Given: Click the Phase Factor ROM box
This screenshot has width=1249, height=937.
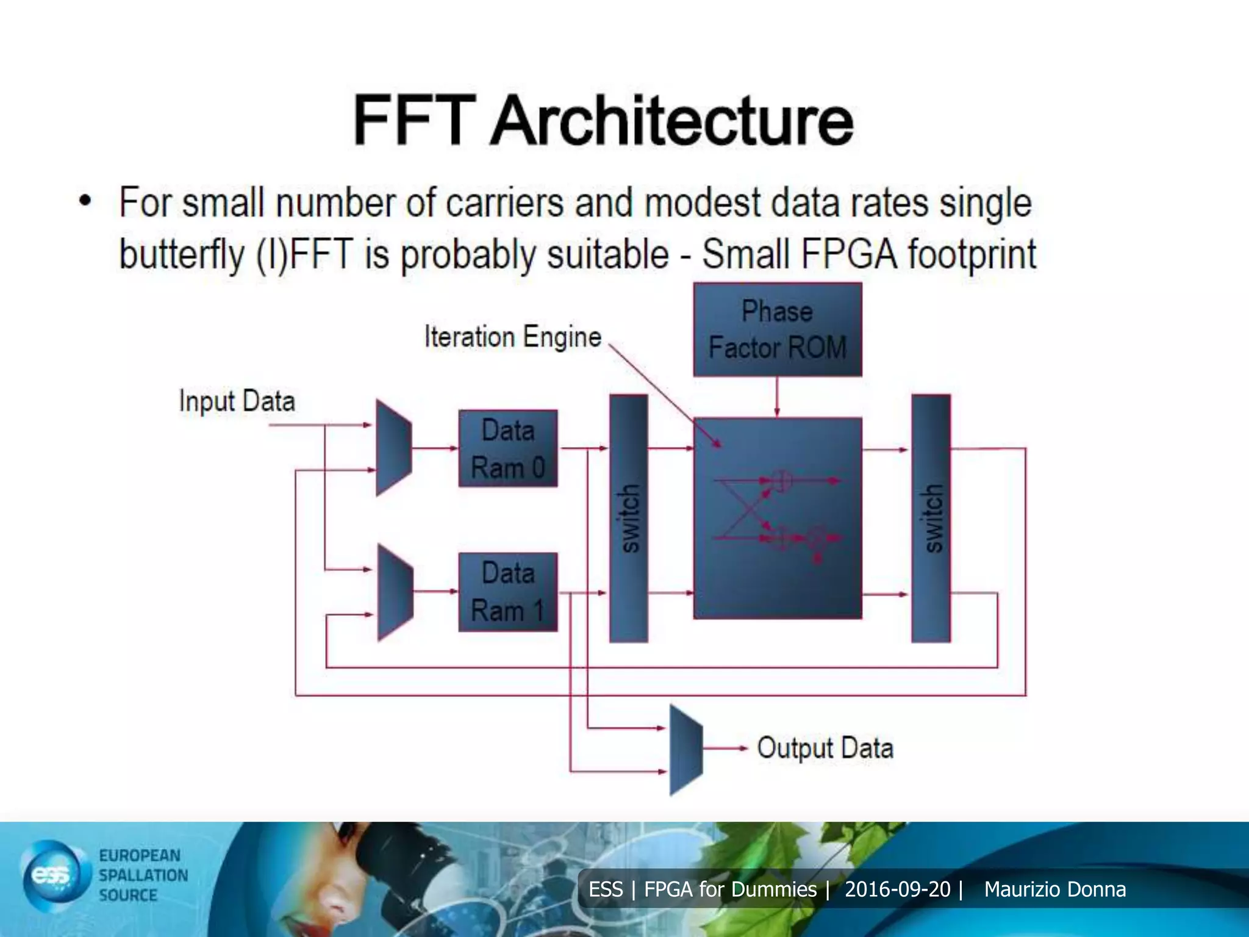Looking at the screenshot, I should pyautogui.click(x=778, y=329).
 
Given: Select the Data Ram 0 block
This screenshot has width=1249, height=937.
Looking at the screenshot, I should pyautogui.click(x=507, y=448).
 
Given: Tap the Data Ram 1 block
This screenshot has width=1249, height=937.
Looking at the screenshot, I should pyautogui.click(x=507, y=592).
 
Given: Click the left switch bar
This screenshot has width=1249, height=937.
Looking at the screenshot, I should pyautogui.click(x=629, y=519).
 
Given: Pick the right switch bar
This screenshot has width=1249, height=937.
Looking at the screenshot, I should pyautogui.click(x=931, y=519).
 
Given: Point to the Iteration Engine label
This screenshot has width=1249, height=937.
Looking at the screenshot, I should pyautogui.click(x=512, y=337).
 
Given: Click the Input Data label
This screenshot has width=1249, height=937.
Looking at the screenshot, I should pyautogui.click(x=237, y=401).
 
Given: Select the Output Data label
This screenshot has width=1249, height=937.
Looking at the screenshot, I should pyautogui.click(x=825, y=748).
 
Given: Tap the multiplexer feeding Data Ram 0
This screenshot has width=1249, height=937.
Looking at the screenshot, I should pyautogui.click(x=393, y=447).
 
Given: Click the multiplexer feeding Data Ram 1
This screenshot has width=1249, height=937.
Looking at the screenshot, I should pyautogui.click(x=395, y=592).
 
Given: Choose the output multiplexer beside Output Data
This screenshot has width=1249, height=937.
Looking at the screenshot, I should pyautogui.click(x=686, y=750).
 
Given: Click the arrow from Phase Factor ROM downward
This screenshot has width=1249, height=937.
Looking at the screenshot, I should pyautogui.click(x=776, y=397).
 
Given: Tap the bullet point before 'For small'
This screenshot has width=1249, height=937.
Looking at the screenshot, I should pyautogui.click(x=85, y=201).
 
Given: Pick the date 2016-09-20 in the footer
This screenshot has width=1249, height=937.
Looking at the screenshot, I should pyautogui.click(x=897, y=889).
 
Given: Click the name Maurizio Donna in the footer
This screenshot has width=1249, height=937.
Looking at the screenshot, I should pyautogui.click(x=1054, y=889).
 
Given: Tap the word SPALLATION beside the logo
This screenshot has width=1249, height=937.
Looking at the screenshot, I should pyautogui.click(x=143, y=875).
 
